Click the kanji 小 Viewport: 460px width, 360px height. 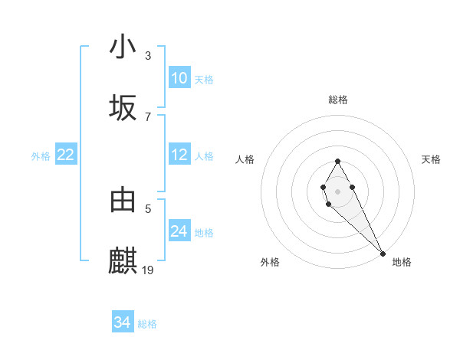(123, 47)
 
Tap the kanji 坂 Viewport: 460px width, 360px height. (123, 109)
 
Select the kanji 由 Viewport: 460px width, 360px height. (123, 200)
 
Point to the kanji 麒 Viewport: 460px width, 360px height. (123, 261)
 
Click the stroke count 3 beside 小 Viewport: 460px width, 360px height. (148, 56)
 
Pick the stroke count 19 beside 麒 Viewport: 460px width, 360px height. (149, 270)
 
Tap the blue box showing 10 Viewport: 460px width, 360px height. (179, 78)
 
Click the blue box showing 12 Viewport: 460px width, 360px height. (179, 155)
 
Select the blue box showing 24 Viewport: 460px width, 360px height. (179, 231)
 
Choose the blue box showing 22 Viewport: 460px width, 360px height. (66, 155)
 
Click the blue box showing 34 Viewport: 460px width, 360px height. (123, 322)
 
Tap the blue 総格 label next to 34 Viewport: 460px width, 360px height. (147, 324)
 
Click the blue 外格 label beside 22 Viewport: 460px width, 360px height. (41, 156)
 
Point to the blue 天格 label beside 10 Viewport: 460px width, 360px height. (204, 79)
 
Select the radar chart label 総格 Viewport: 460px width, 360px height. (337, 100)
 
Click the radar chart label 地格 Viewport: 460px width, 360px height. (402, 262)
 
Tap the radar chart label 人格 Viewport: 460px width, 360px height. (245, 159)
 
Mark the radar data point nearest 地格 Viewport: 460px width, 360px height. (383, 254)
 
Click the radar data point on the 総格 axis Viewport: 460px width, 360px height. (337, 162)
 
